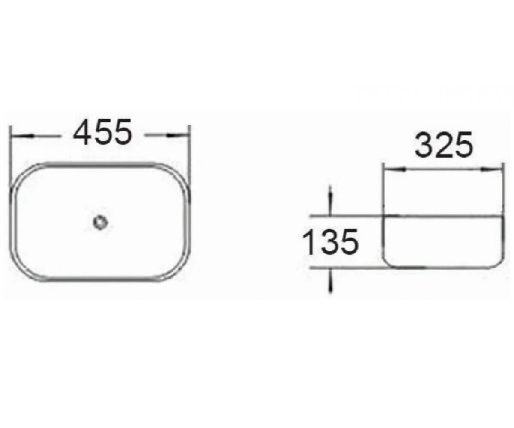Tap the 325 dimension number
pos(444,145)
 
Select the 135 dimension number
pos(330,241)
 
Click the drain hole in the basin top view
pos(100,223)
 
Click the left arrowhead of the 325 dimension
pos(394,169)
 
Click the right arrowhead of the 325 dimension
pos(491,169)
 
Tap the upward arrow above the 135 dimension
pos(330,201)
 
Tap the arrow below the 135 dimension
pos(330,280)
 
